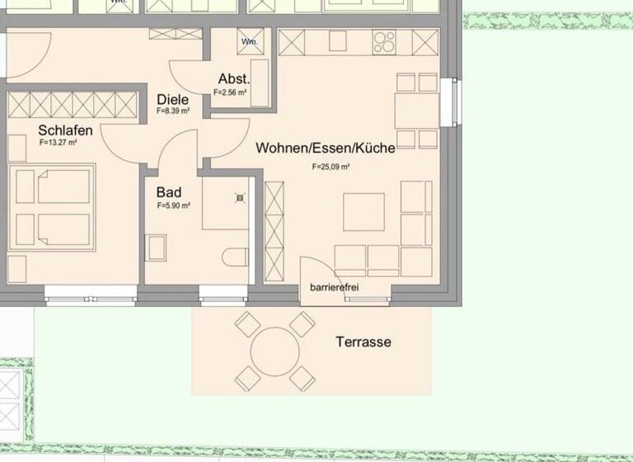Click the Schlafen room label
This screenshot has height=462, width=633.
tap(65, 130)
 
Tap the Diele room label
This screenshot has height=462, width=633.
tap(172, 99)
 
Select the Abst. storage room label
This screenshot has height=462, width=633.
tap(233, 79)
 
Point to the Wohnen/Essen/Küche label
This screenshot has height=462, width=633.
tap(325, 148)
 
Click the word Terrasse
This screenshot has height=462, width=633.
tap(363, 342)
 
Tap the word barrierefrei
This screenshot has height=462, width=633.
tap(334, 287)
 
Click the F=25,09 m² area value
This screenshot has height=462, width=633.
tap(331, 167)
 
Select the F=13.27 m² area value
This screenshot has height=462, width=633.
tap(58, 143)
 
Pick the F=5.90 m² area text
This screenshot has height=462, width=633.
tap(174, 205)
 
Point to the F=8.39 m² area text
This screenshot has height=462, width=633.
tap(173, 110)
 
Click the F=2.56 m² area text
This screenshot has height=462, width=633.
tap(231, 92)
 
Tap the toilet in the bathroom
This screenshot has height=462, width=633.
tap(237, 257)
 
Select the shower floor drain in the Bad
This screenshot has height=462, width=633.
tap(241, 197)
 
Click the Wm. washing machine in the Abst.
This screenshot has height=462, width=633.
tap(248, 41)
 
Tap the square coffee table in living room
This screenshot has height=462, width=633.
tap(363, 212)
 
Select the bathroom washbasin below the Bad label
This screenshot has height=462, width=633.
tap(155, 247)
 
